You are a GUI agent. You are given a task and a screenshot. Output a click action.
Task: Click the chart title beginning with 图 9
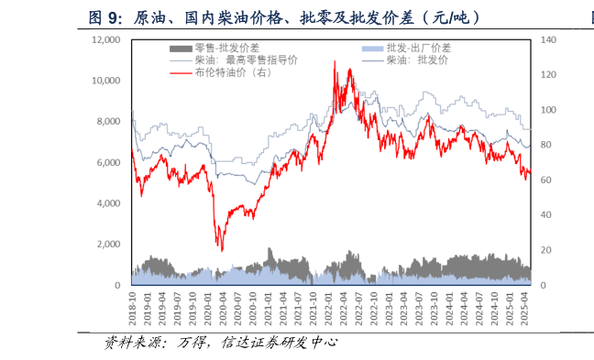(283, 17)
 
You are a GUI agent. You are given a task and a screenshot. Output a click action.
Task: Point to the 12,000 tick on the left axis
(105, 40)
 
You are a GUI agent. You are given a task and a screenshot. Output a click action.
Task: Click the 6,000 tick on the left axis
(108, 163)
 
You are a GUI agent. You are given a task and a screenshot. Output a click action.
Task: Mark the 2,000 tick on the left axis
(108, 245)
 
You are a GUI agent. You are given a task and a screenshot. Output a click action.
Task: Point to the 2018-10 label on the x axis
(134, 308)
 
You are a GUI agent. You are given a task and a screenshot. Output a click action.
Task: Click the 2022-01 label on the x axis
(328, 308)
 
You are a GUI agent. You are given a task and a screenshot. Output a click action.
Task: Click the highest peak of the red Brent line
(334, 61)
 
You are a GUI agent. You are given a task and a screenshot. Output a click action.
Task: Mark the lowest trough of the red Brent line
(220, 250)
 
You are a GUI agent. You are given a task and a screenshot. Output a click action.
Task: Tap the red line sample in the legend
(181, 71)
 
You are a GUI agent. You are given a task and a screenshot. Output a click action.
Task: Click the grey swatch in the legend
(181, 48)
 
